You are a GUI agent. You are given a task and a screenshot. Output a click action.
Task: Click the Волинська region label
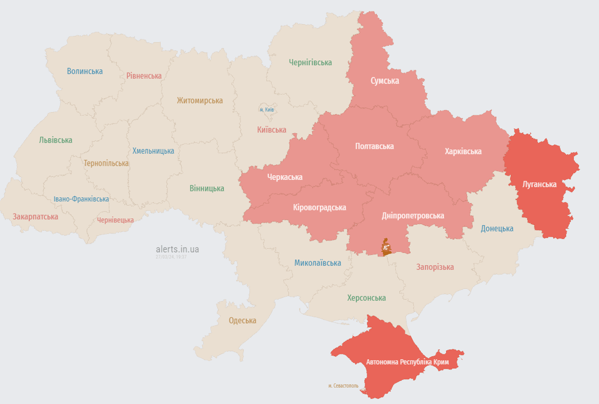point(85,71)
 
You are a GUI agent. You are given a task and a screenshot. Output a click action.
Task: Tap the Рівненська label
point(144,76)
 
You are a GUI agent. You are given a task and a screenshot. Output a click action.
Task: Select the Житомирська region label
point(200,100)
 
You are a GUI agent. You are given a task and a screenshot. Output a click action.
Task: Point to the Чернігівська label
point(311,62)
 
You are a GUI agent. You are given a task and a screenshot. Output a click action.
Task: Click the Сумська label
point(385,80)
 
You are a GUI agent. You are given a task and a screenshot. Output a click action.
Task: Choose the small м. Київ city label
point(267,109)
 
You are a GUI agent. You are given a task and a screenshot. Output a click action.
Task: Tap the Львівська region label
point(56,140)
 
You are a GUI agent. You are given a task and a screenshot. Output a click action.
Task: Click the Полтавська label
point(375,146)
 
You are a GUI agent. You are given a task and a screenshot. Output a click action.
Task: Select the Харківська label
point(463,151)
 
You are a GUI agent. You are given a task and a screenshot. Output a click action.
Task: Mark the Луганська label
point(540,184)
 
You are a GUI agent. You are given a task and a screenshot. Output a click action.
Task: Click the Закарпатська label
point(36,216)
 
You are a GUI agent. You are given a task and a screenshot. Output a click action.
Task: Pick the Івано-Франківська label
point(81,199)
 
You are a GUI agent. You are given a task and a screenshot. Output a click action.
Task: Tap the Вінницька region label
point(207,188)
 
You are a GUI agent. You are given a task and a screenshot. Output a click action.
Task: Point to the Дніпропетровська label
point(413,216)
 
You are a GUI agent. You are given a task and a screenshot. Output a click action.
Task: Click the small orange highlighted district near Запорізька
point(387,247)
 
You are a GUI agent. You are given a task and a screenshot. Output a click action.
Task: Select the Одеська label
point(243,320)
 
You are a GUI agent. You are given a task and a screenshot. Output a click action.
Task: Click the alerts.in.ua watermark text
point(178,249)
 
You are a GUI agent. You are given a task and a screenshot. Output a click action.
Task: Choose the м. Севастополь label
point(344,386)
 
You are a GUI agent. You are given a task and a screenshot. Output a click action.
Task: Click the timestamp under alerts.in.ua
point(171,257)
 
